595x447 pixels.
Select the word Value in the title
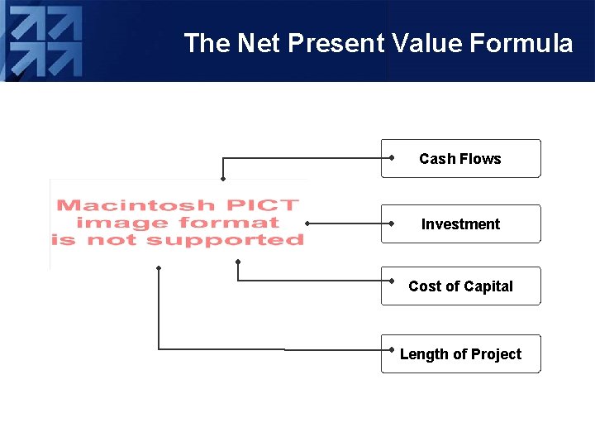tap(418, 43)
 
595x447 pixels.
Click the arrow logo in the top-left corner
tap(45, 41)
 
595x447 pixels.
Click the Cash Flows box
tap(460, 159)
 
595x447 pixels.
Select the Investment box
tap(460, 224)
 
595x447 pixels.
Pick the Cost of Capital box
tap(460, 286)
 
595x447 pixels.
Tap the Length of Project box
tap(460, 354)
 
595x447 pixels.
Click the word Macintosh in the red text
tap(136, 205)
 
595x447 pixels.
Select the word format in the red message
tap(228, 223)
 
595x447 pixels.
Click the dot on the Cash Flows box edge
tap(390, 157)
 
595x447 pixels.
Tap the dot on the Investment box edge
tap(390, 223)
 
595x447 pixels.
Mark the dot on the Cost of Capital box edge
tap(390, 281)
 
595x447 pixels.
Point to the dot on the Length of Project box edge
tap(390, 349)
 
